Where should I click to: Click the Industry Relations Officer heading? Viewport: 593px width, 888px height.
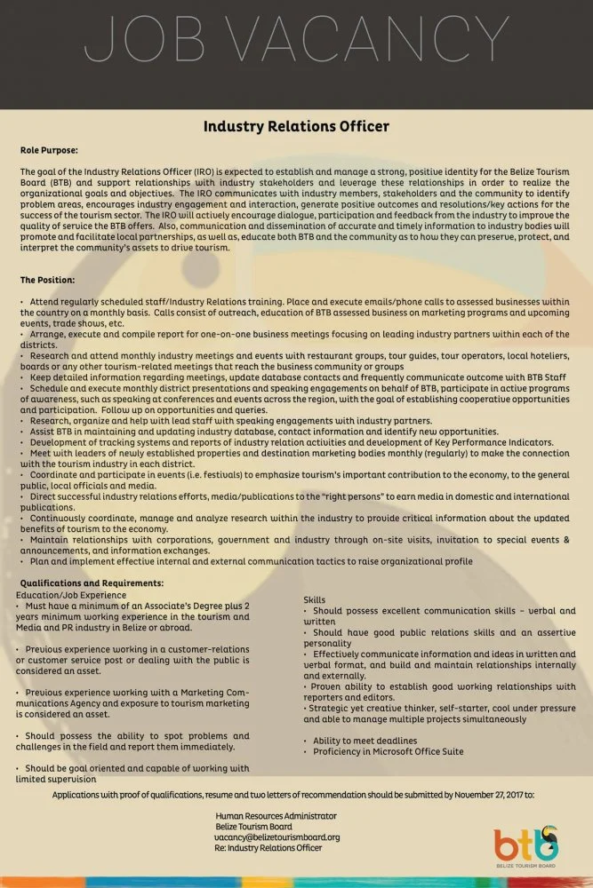296,126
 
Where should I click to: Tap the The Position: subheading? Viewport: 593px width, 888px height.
48,280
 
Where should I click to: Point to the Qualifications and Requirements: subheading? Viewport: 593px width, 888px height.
92,583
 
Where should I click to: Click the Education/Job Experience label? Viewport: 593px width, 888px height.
72,594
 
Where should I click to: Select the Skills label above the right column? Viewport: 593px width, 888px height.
314,600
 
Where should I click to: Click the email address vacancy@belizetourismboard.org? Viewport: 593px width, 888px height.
277,836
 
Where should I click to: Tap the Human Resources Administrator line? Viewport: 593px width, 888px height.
276,815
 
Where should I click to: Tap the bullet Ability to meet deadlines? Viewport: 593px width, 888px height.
365,741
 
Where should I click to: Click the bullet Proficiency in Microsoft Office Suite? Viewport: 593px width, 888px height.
388,751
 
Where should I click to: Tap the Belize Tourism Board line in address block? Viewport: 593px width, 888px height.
254,826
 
